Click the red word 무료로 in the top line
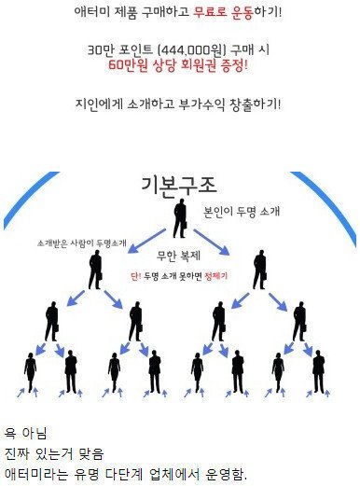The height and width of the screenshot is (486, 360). coord(211,12)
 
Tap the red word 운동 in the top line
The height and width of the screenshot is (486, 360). coord(242,12)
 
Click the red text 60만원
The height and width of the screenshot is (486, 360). coord(128,65)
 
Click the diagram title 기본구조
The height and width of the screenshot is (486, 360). coord(179,186)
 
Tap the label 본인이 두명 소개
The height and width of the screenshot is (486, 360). coord(242,211)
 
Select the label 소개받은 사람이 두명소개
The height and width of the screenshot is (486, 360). coord(82,243)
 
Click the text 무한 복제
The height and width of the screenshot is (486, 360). coord(178,256)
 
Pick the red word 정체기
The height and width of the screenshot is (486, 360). coord(216,276)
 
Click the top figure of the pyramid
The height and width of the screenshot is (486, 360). coord(180,218)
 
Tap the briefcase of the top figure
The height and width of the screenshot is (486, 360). coord(185,225)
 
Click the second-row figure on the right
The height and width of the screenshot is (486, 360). coord(260,270)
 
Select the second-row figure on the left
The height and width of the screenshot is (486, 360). coord(95,270)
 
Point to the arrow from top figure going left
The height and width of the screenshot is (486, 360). coord(146,242)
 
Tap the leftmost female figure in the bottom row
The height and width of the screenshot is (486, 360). coord(30,372)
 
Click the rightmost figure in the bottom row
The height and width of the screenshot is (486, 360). coord(318,371)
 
